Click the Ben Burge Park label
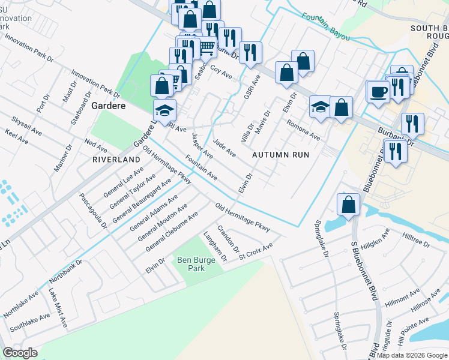point(191,264)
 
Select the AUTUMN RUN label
point(280,154)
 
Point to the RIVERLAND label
point(116,160)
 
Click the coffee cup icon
point(378,92)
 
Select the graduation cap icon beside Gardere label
point(164,110)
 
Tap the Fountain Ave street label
point(201,169)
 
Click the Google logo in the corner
point(20,353)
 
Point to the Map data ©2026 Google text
point(412,355)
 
